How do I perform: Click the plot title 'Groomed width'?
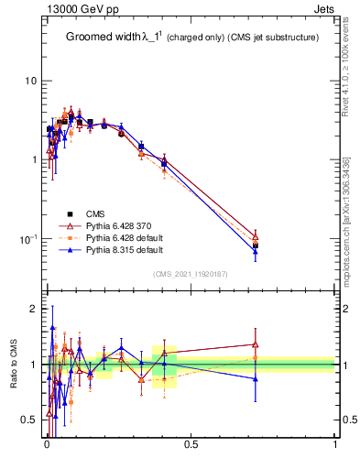tap(102, 38)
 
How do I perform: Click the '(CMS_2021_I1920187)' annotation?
tap(191, 273)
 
